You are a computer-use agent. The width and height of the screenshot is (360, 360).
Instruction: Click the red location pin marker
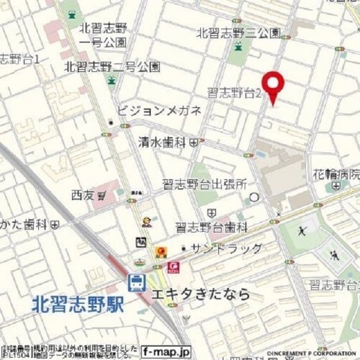(273, 85)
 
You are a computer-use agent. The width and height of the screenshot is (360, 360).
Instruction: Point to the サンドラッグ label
(225, 248)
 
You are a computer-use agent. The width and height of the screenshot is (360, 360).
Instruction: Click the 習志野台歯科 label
(211, 226)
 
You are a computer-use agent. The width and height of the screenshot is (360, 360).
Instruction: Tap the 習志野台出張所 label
(205, 184)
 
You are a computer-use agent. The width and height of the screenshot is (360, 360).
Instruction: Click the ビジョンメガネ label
(159, 111)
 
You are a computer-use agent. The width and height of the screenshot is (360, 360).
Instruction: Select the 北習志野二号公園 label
(112, 66)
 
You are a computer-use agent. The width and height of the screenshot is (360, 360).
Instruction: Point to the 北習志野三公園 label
(238, 33)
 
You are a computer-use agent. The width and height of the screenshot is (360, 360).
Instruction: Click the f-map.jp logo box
(166, 350)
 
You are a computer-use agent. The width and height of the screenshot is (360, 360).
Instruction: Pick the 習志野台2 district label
(235, 93)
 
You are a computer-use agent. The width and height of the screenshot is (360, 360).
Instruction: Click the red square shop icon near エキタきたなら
(174, 266)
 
